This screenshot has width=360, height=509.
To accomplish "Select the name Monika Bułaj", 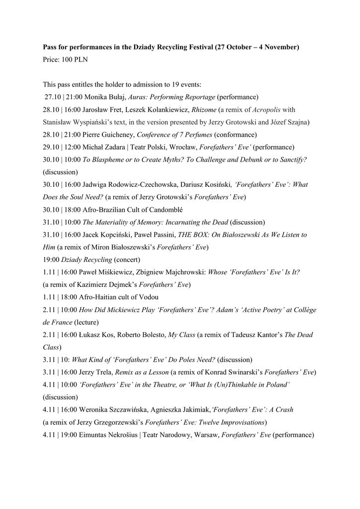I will (x=106, y=97).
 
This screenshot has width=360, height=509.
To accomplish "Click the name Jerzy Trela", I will (x=96, y=372).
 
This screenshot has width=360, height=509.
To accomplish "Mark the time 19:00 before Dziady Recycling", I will (x=51, y=259).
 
